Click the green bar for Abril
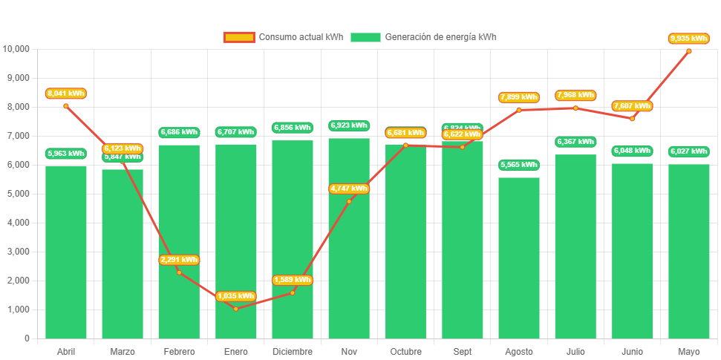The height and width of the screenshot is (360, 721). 66,252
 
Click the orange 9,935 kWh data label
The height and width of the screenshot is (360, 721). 688,38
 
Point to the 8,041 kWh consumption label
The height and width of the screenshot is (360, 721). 66,94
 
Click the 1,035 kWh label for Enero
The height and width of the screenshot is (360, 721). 236,296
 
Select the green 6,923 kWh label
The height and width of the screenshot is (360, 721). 349,125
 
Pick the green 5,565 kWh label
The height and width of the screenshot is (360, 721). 518,165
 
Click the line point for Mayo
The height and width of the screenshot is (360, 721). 688,51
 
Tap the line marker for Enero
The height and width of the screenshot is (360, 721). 236,308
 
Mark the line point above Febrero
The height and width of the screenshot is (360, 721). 179,272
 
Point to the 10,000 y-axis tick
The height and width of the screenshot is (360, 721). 16,49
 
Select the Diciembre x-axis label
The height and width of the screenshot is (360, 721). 293,352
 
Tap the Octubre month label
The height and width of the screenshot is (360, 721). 405,352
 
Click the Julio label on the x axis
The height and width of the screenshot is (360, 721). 575,352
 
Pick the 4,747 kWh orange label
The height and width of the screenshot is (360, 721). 349,189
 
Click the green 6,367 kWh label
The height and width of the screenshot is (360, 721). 575,142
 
